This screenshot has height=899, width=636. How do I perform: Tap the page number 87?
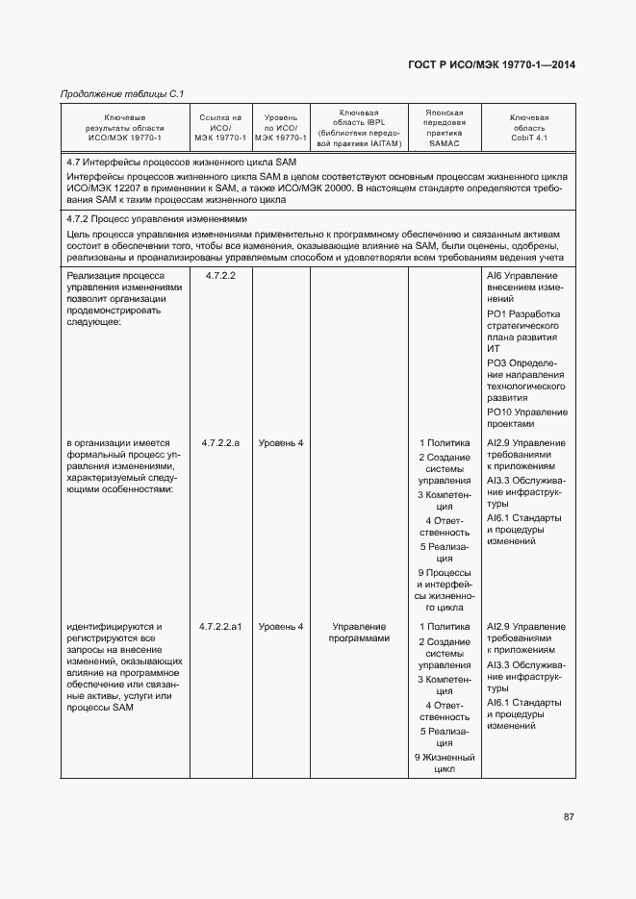pyautogui.click(x=569, y=816)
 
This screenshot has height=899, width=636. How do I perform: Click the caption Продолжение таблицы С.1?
pyautogui.click(x=122, y=93)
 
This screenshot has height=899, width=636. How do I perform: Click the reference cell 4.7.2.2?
pyautogui.click(x=220, y=275)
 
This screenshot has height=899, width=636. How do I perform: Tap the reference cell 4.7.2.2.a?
pyautogui.click(x=220, y=442)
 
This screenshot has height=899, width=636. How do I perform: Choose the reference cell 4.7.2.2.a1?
pyautogui.click(x=220, y=627)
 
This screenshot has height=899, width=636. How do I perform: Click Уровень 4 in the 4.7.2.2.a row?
pyautogui.click(x=280, y=442)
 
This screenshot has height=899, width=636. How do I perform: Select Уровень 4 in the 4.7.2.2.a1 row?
pyautogui.click(x=280, y=627)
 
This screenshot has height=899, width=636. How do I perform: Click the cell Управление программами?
pyautogui.click(x=358, y=633)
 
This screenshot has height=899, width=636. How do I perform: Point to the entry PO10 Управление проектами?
pyautogui.click(x=526, y=417)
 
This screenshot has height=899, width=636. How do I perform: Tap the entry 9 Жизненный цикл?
pyautogui.click(x=445, y=763)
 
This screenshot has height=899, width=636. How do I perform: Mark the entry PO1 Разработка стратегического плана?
pyautogui.click(x=526, y=331)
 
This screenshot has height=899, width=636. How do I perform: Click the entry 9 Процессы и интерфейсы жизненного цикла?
pyautogui.click(x=445, y=589)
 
